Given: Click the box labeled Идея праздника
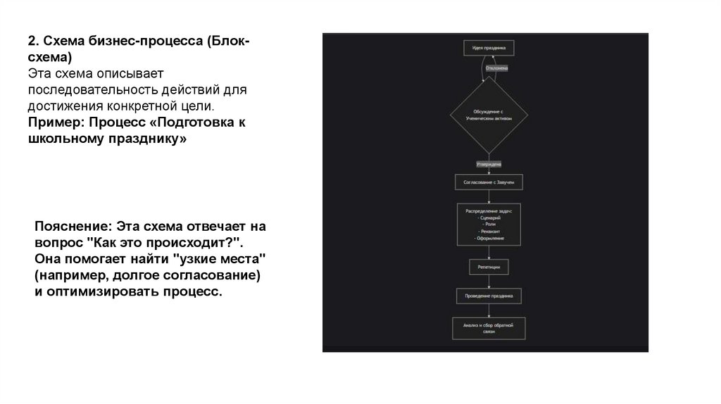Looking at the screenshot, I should (489, 49).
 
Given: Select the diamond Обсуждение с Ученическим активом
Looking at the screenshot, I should (489, 115).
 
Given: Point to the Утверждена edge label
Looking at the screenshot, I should (489, 164).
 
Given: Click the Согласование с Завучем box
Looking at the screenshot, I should (489, 182).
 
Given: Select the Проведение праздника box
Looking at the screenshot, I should (489, 296).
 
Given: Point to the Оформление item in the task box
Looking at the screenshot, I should (489, 239).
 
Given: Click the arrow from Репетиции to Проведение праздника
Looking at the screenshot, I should (489, 282).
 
